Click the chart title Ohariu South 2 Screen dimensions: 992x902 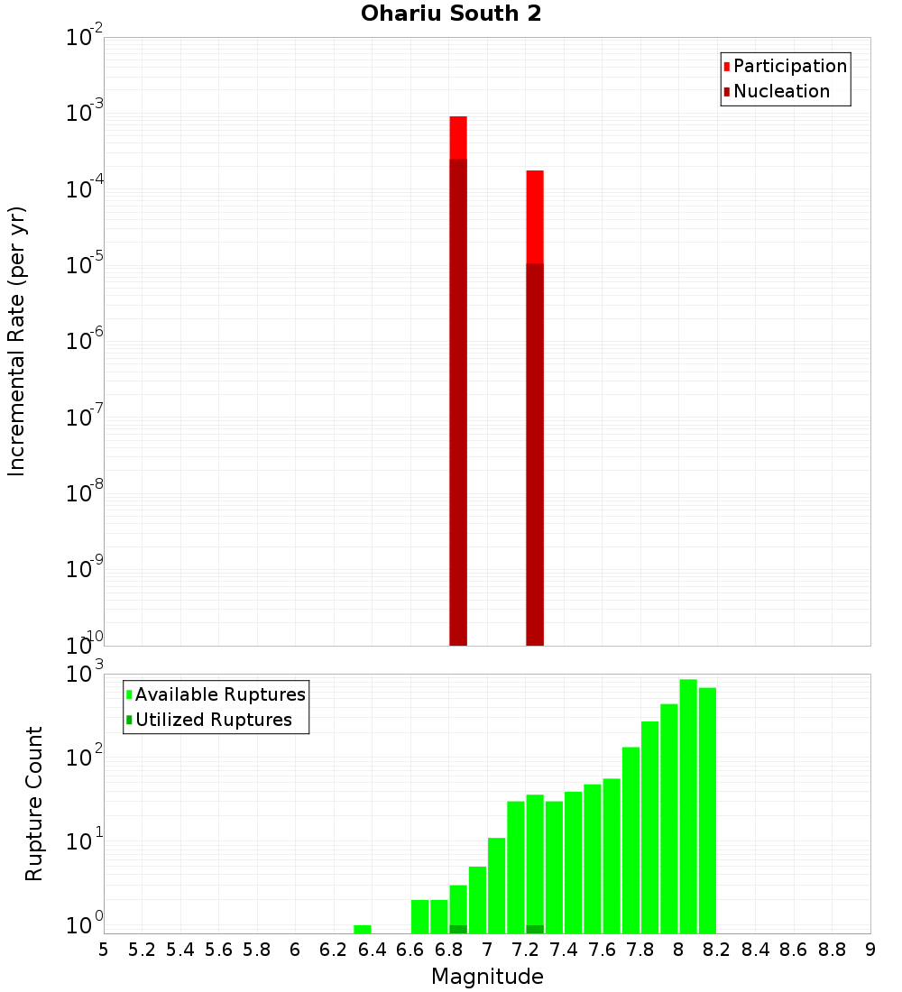pyautogui.click(x=451, y=14)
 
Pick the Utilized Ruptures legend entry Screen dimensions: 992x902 pyautogui.click(x=213, y=720)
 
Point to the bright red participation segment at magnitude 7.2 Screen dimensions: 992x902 pyautogui.click(x=535, y=216)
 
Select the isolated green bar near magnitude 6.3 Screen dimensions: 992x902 pyautogui.click(x=363, y=929)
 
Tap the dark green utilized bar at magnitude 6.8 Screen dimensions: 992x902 pyautogui.click(x=458, y=929)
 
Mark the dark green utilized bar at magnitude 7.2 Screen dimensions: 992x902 pyautogui.click(x=535, y=929)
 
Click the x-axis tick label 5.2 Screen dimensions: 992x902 pyautogui.click(x=142, y=950)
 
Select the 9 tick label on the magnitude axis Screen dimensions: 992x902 pyautogui.click(x=870, y=950)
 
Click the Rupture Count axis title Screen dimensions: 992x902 pyautogui.click(x=34, y=804)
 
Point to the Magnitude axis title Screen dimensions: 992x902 pyautogui.click(x=487, y=977)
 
